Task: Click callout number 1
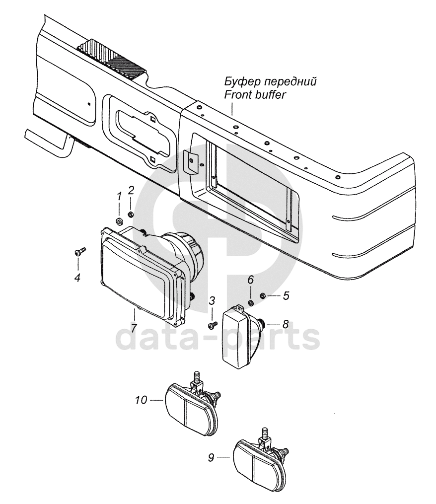click(119, 197)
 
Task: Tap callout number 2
click(131, 190)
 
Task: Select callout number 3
click(212, 300)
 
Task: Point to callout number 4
click(77, 278)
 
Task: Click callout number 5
click(286, 297)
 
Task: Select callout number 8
click(285, 324)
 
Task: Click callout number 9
click(211, 458)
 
